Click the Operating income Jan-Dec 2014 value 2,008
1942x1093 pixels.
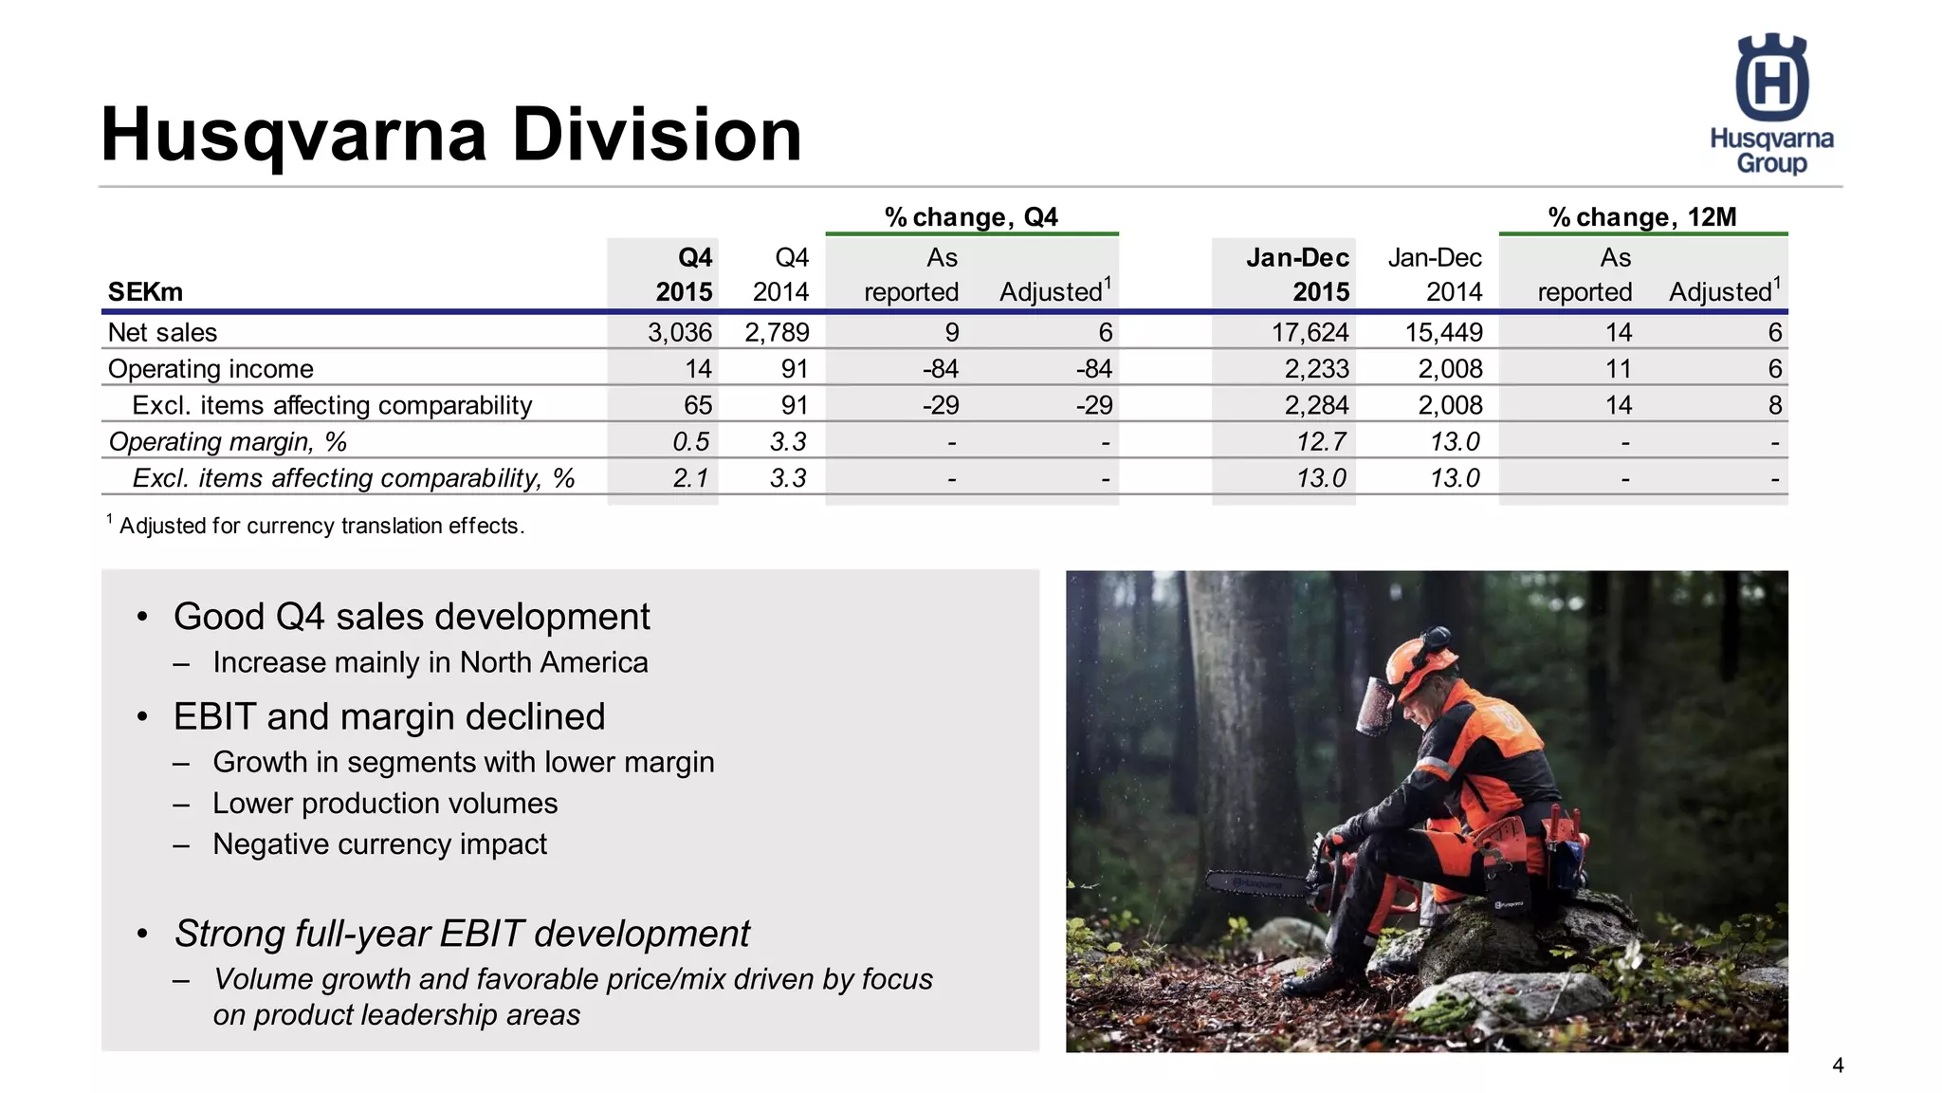tap(1450, 369)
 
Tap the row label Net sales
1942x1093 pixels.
tap(162, 333)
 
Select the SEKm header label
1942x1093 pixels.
tap(145, 292)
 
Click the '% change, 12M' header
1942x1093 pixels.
tap(1641, 217)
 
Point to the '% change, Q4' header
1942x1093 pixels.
tap(971, 217)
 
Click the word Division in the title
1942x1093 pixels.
tap(657, 135)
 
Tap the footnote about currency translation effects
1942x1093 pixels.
tap(321, 526)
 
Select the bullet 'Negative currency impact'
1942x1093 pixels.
tap(379, 844)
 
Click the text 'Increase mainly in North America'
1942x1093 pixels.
tap(430, 662)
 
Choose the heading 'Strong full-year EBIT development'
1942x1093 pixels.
tap(462, 934)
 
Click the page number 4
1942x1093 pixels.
tap(1838, 1065)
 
